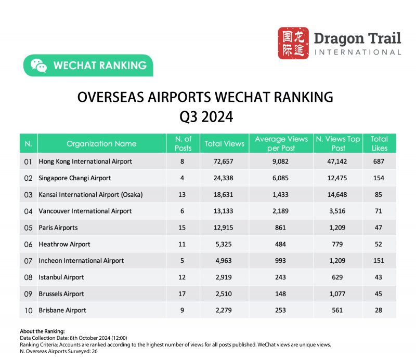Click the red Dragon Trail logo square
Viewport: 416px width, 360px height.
pos(293,43)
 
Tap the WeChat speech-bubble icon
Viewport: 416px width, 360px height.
pos(38,65)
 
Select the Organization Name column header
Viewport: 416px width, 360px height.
pos(101,143)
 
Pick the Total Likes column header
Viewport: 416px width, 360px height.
pos(379,143)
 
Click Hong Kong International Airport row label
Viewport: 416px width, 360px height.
pos(85,162)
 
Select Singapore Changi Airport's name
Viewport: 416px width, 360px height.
pos(75,178)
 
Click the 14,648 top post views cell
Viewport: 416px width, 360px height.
pos(339,195)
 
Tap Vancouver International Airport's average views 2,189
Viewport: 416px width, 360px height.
pos(281,211)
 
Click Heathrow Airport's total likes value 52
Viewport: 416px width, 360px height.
pos(379,244)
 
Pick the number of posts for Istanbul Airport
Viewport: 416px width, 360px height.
pos(182,277)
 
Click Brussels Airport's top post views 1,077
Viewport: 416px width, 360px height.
pos(339,294)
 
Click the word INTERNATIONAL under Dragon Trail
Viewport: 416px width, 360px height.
pos(358,52)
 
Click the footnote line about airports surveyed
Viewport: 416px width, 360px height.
pos(59,351)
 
